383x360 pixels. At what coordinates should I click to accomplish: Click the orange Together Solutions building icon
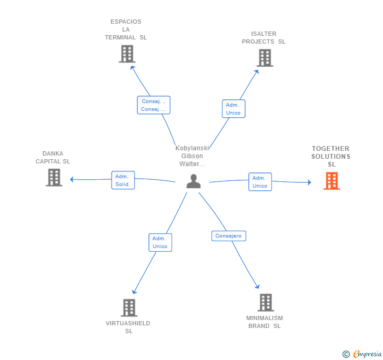331,181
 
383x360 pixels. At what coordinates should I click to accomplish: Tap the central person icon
194,181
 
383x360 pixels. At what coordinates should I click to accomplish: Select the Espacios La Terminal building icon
127,54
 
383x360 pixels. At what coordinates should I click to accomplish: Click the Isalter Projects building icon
265,58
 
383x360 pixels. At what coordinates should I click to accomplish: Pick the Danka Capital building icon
54,178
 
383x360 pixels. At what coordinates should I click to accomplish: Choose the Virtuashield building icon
129,307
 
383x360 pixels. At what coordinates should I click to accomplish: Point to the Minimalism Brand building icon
266,302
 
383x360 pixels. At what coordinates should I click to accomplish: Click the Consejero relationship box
229,236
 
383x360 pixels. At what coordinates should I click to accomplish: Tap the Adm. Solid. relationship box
123,180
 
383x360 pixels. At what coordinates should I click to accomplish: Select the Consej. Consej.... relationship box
154,105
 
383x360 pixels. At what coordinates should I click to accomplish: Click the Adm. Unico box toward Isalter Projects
233,109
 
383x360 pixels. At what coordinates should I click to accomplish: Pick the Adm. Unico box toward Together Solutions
260,182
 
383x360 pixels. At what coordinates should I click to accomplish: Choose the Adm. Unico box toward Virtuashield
160,242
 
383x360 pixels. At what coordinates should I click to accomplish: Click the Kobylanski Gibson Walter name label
192,156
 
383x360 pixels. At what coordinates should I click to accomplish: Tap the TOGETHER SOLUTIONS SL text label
331,157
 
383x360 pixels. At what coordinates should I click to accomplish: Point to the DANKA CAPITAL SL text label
53,158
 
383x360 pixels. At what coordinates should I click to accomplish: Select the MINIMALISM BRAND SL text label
265,322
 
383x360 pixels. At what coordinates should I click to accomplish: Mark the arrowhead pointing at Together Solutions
309,182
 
